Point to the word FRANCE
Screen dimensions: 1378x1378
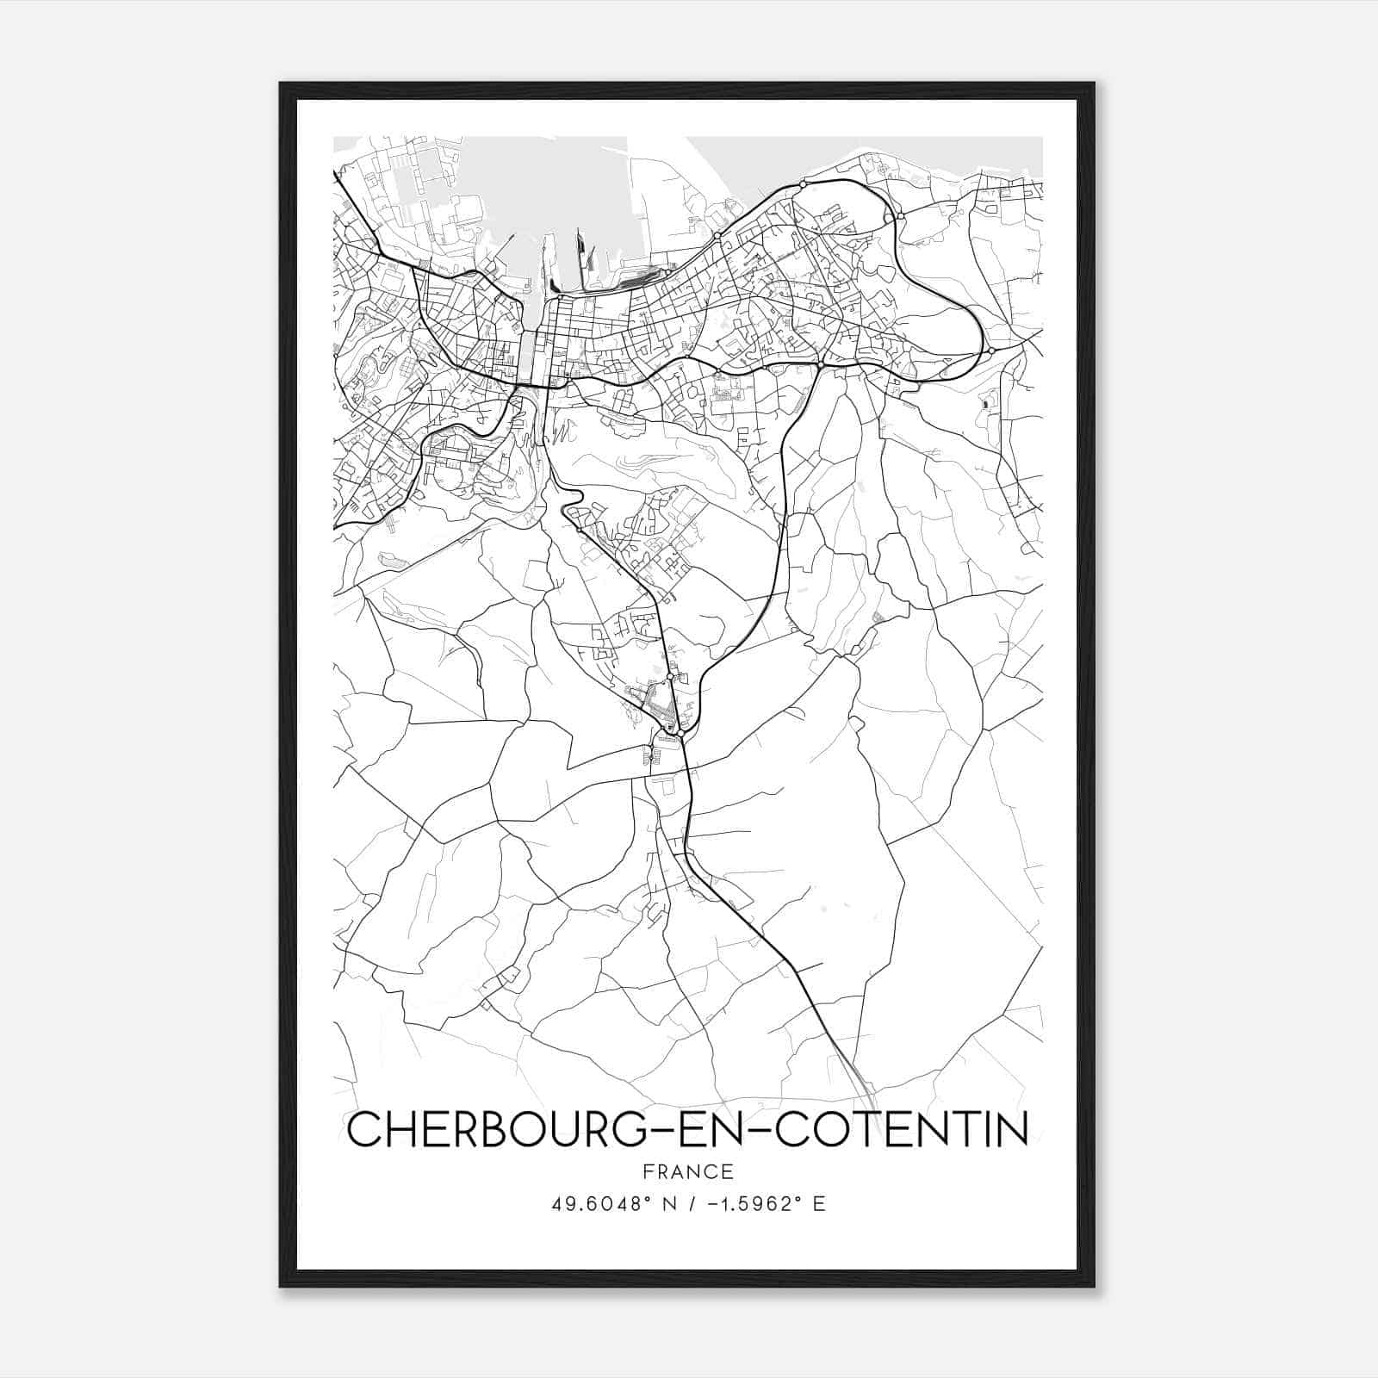coord(688,1171)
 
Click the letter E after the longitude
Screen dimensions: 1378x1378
coord(819,1204)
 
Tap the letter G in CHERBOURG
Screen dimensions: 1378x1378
coord(628,1129)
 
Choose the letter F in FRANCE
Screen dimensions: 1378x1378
coord(648,1171)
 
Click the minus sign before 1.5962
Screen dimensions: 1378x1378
coord(710,1204)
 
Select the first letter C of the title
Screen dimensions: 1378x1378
coord(364,1129)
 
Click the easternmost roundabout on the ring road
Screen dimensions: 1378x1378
coord(992,351)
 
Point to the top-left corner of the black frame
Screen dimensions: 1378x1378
coord(281,84)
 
